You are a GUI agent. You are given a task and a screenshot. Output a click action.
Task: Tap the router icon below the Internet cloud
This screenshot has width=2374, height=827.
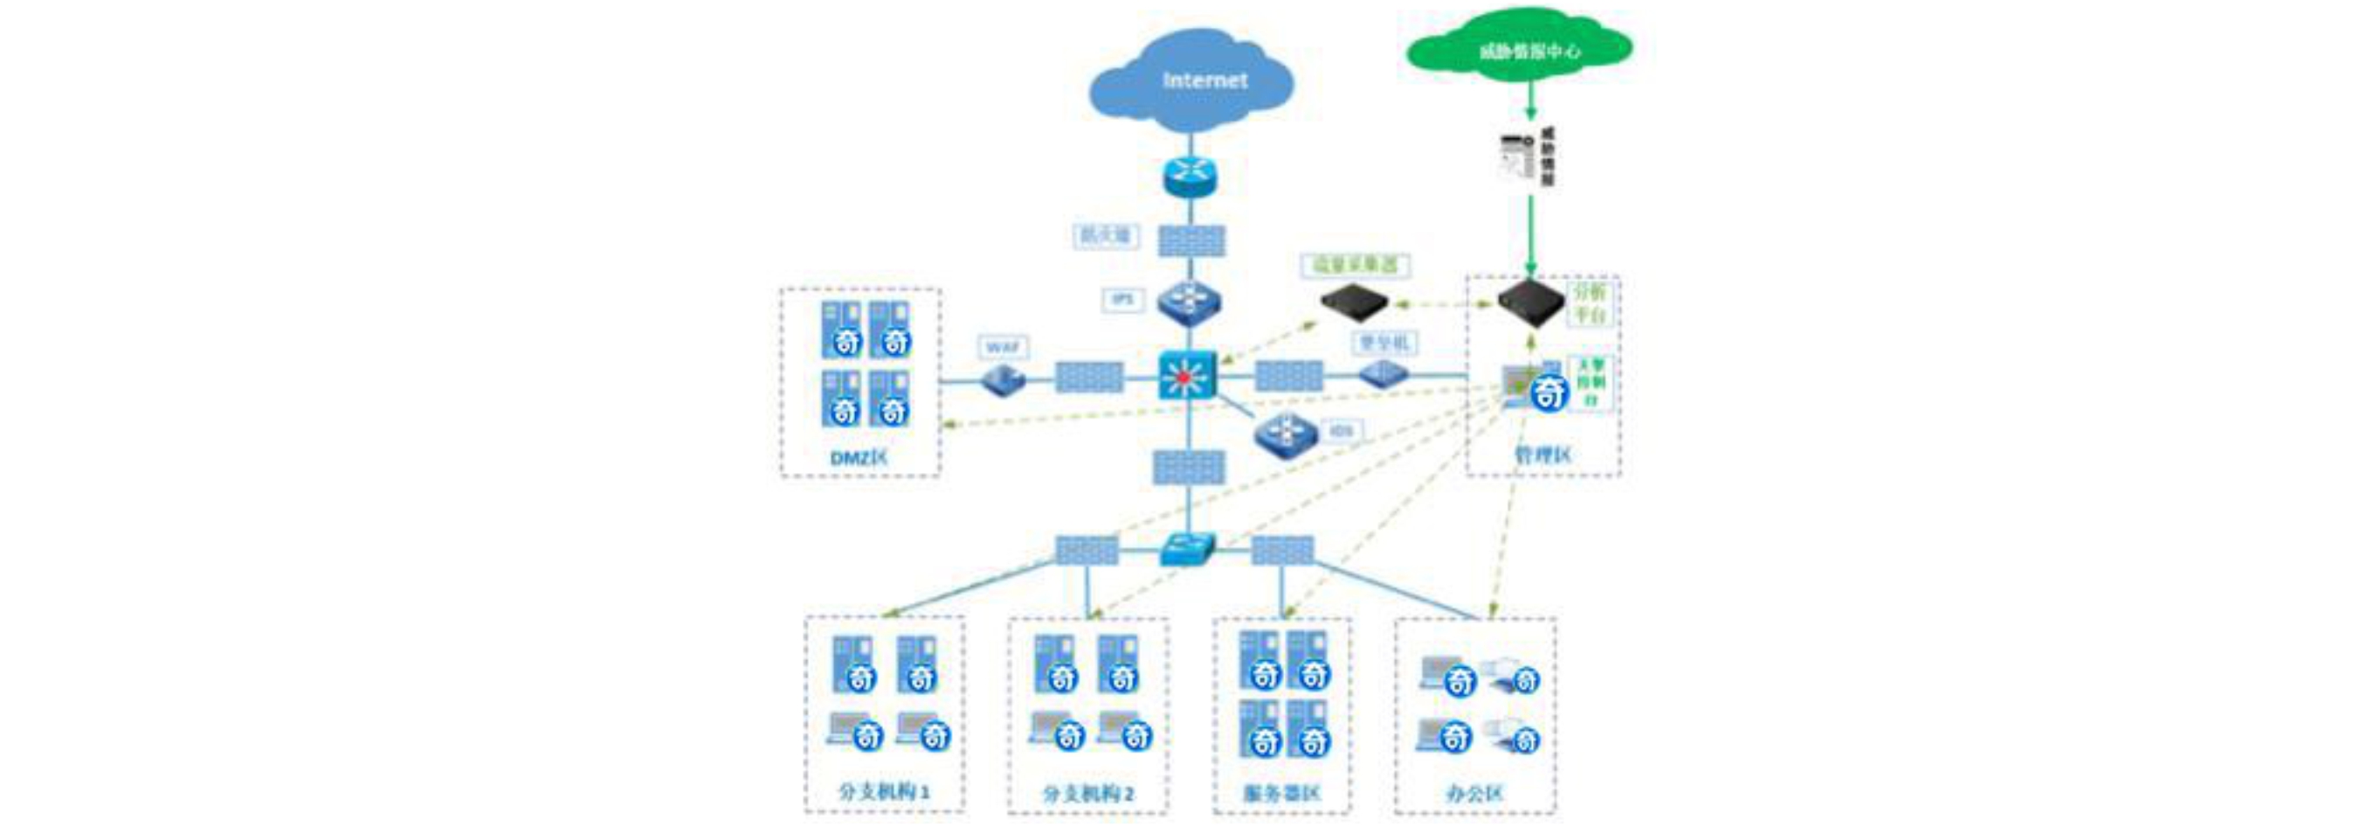pos(1190,175)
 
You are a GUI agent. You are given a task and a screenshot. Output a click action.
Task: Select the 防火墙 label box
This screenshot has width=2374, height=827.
pos(1105,236)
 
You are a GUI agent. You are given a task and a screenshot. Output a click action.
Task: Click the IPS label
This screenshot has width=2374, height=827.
pos(1122,300)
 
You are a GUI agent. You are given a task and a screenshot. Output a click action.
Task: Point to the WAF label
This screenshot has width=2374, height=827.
pos(1003,348)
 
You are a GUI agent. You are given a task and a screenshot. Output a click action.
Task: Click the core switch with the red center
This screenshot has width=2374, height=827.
pos(1187,376)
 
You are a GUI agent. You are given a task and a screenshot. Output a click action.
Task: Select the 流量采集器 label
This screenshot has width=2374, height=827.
pos(1355,266)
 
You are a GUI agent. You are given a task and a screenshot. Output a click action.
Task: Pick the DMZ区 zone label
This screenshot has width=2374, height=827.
pos(859,457)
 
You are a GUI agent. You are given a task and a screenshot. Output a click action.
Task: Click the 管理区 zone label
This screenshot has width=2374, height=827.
pos(1542,455)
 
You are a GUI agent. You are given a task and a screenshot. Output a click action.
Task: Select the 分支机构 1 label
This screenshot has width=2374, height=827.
pos(884,791)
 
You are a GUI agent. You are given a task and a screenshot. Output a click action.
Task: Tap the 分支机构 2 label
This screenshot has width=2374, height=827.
pos(1087,793)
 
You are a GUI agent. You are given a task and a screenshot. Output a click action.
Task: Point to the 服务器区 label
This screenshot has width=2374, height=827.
pos(1281,793)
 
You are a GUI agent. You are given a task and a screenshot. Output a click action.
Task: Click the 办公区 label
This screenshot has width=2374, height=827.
pos(1474,793)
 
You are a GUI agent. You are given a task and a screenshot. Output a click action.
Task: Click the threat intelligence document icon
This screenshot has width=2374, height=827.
pos(1518,156)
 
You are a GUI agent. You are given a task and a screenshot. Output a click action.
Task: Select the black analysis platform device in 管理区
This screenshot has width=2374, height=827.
pos(1530,302)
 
